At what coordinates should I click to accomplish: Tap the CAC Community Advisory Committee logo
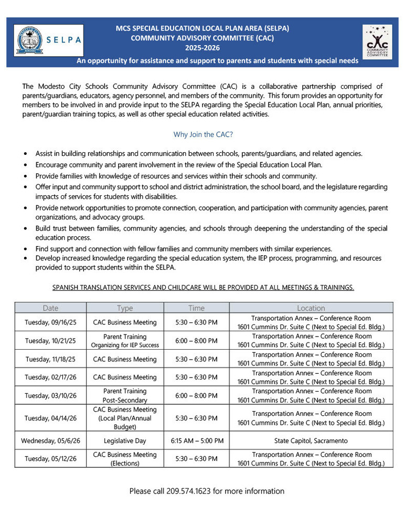click(377, 41)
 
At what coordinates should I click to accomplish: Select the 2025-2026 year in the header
click(202, 48)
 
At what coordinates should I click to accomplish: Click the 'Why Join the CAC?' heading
click(203, 134)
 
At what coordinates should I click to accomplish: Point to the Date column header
click(51, 308)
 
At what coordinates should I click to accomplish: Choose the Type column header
click(125, 308)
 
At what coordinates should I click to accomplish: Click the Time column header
click(196, 308)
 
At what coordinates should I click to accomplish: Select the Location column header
click(311, 308)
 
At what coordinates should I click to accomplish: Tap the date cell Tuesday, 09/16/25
click(50, 322)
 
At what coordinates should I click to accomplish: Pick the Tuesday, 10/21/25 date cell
click(50, 341)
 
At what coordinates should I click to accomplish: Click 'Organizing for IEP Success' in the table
click(125, 345)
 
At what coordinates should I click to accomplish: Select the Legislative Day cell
click(125, 440)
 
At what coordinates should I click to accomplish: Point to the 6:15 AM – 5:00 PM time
click(197, 440)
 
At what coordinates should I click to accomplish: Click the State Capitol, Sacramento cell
click(311, 440)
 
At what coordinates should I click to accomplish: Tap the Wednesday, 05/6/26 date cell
click(50, 440)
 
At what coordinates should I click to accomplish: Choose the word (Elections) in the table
click(125, 464)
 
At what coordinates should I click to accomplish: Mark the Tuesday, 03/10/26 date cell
click(50, 395)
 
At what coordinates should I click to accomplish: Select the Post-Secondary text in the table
click(125, 400)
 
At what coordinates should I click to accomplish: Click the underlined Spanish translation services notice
click(203, 287)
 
